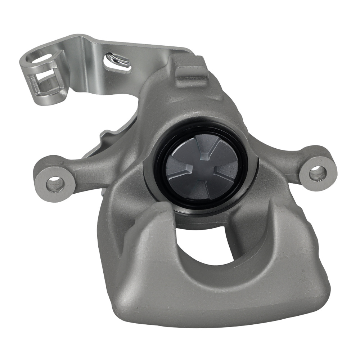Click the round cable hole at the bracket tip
[41, 57]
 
